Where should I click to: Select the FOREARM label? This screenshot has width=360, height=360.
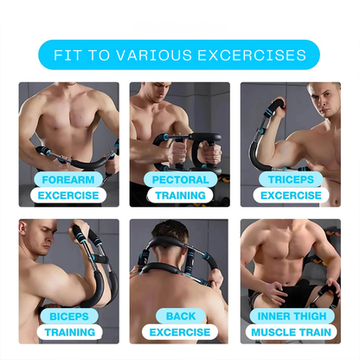coord(68,180)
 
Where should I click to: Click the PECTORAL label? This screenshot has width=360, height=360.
coord(179,180)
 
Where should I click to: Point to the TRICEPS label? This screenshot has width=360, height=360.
coord(290,180)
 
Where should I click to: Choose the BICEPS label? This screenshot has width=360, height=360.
coord(68,316)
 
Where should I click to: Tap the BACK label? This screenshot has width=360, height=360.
coord(179,316)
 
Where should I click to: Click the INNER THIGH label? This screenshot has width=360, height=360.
coord(290,316)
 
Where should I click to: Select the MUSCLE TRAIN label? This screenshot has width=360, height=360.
coord(290,332)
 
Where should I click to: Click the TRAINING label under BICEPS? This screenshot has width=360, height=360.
coord(68,332)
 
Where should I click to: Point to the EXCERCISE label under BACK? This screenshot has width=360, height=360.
coord(179,332)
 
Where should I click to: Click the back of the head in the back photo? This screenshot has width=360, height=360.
coord(178,237)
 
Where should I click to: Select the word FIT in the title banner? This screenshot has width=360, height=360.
coord(68,55)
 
